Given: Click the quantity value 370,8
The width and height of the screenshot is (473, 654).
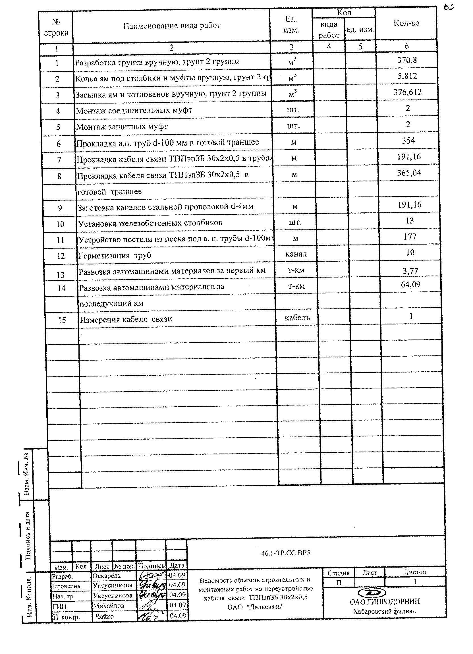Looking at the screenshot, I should pos(407,60).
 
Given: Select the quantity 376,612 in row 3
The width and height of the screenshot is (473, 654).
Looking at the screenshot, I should pos(408,92).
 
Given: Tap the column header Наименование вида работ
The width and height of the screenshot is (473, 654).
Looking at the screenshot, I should pos(171,26).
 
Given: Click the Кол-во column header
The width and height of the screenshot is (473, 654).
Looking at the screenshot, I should pos(406,23).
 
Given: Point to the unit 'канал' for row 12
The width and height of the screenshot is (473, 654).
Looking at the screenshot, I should pos(296,254).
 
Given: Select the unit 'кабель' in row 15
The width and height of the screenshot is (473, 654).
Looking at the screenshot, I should pos(297,318).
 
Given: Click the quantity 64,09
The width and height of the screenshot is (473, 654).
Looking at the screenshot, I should pos(410,285).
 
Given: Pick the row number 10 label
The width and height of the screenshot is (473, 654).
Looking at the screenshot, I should pos(60,224).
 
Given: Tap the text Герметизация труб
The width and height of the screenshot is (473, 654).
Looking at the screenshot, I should pos(115,256).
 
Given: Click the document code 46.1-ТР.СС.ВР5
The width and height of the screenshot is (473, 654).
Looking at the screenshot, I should pos(285,553).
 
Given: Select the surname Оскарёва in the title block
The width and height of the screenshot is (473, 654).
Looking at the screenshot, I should pos(106,576).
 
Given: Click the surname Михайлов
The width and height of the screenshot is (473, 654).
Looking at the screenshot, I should pos(108,606).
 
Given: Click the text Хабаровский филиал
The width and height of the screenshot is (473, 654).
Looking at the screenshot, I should pos(384,611).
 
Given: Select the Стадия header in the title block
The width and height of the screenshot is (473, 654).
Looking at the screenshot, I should pos(338,573).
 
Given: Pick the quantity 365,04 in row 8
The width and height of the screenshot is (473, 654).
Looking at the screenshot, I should pos(409,173).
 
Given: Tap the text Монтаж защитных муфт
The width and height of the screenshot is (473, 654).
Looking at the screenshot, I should pos(122,127).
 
